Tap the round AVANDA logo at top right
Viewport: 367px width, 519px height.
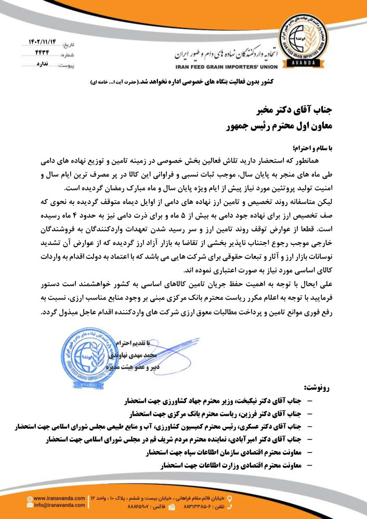302,41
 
